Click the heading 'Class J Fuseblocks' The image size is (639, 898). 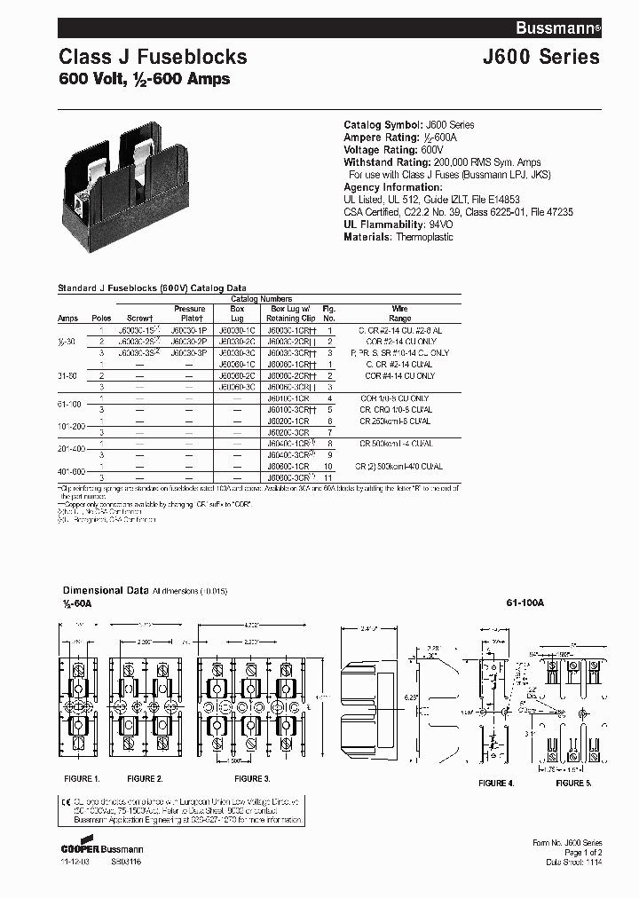pos(153,57)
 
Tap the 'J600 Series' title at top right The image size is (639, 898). pos(540,57)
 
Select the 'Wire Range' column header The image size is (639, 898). pos(400,313)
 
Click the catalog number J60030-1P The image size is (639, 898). pos(188,329)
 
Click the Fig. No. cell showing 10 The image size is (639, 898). pos(327,465)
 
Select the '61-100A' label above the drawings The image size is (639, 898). pos(525,603)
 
